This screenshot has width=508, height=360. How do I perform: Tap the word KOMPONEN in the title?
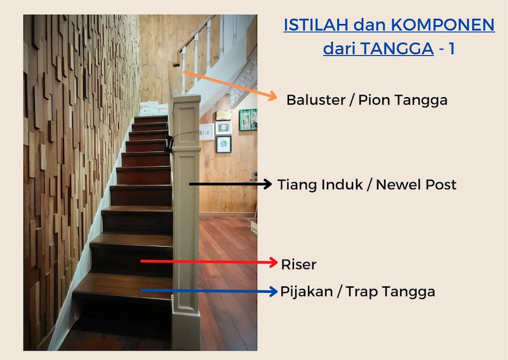[443, 25]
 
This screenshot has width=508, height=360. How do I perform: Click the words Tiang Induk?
[324, 185]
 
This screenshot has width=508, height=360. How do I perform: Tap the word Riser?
[298, 264]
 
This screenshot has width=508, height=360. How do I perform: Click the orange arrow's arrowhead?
[273, 97]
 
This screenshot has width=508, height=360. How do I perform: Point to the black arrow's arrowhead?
[268, 184]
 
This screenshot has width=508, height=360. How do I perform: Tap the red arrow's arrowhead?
[274, 262]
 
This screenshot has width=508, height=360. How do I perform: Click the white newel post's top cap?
[186, 100]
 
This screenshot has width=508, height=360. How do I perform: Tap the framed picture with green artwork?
[248, 119]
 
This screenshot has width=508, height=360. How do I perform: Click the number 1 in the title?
[451, 48]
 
